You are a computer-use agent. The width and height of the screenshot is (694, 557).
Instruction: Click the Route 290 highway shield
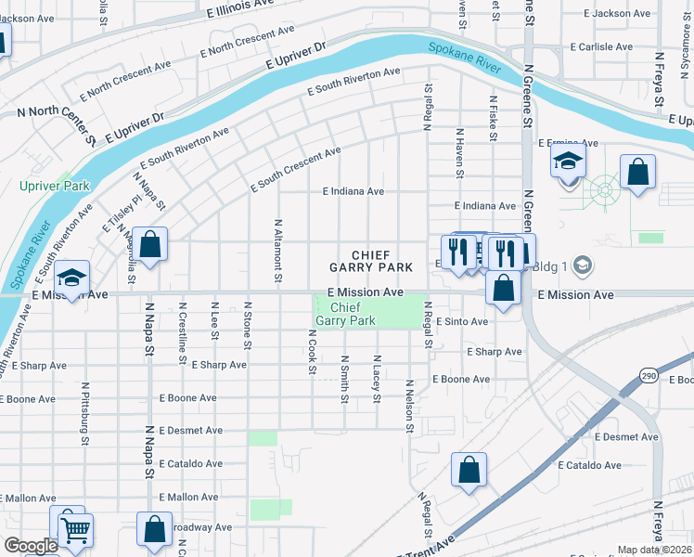coord(648,374)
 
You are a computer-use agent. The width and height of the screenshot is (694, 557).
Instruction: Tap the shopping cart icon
coord(75,529)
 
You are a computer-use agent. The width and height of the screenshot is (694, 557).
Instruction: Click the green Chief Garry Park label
coord(345,314)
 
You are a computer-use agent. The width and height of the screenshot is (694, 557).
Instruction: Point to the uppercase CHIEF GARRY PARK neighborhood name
coord(370,260)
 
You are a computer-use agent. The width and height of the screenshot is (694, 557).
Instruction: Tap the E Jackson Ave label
coord(618,13)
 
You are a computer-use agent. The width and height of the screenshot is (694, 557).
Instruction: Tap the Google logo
coord(30,546)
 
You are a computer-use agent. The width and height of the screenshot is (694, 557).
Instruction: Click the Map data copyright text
coord(655,550)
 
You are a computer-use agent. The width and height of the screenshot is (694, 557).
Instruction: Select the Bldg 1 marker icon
coord(582,266)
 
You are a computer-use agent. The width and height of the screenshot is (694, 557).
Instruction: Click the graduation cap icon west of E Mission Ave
coord(71,278)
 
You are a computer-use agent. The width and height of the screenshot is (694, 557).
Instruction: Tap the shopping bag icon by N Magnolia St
coord(149,245)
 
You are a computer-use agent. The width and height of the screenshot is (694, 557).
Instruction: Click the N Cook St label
coord(312,352)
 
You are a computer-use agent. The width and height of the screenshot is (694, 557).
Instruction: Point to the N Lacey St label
coord(377,379)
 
